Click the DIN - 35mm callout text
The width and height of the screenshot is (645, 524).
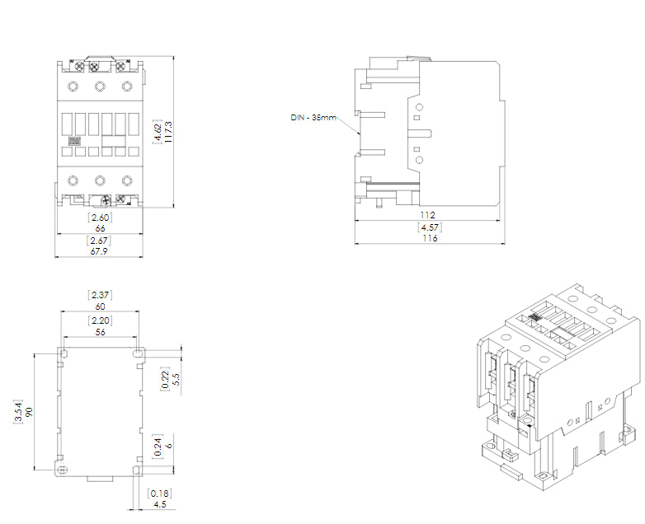pyautogui.click(x=313, y=118)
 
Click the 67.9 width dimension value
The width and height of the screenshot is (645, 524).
pyautogui.click(x=100, y=251)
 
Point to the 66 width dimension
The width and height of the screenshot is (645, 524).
pyautogui.click(x=100, y=228)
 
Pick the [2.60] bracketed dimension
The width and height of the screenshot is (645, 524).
pyautogui.click(x=100, y=217)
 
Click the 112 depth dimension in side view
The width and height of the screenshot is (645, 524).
pyautogui.click(x=428, y=215)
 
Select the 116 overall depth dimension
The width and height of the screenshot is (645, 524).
pyautogui.click(x=428, y=238)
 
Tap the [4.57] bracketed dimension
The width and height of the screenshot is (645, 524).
pyautogui.click(x=428, y=227)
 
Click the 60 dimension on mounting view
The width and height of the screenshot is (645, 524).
pyautogui.click(x=100, y=306)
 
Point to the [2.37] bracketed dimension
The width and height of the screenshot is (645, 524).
pyautogui.click(x=100, y=294)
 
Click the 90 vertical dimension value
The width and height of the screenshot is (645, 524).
pyautogui.click(x=28, y=411)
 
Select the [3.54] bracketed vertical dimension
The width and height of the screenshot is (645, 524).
pyautogui.click(x=18, y=411)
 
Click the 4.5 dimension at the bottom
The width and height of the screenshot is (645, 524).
pyautogui.click(x=159, y=505)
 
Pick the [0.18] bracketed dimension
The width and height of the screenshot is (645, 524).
pyautogui.click(x=159, y=493)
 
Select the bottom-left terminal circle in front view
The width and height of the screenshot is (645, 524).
pyautogui.click(x=72, y=180)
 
